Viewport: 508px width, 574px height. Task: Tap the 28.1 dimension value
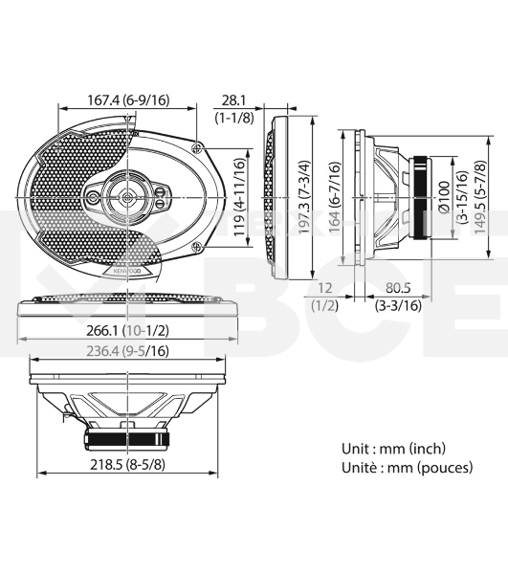tap(233, 99)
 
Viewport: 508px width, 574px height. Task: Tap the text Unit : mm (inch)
tap(393, 448)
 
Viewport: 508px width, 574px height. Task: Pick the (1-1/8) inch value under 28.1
tap(233, 118)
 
